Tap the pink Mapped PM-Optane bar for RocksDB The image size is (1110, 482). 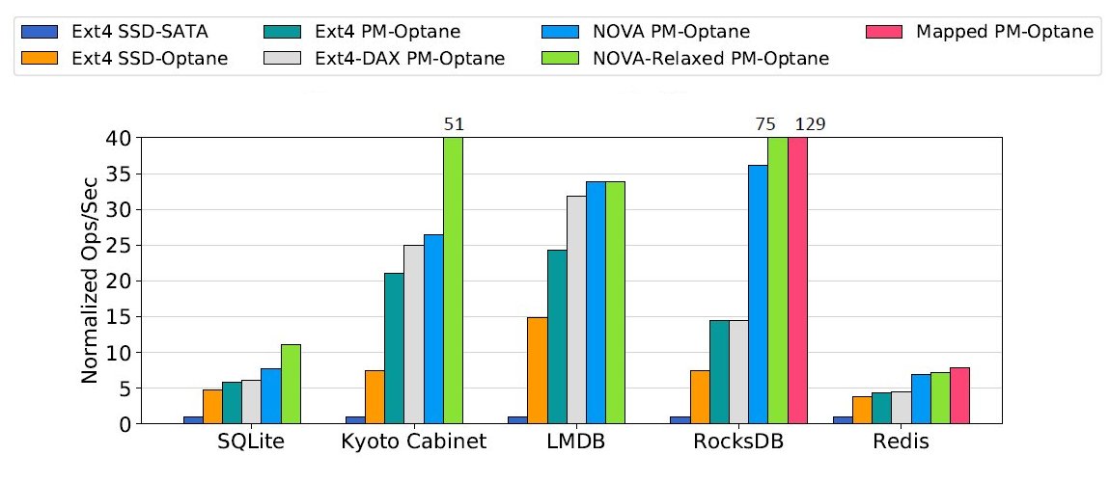click(x=797, y=280)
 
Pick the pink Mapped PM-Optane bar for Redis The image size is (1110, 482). click(x=959, y=395)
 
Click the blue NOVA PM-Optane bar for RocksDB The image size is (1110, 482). click(x=758, y=294)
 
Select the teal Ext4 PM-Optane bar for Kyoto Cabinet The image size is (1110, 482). click(x=394, y=348)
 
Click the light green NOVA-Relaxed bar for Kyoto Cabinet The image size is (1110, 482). click(x=454, y=280)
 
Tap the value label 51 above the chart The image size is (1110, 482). click(x=454, y=123)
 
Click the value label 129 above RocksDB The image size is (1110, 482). click(x=809, y=123)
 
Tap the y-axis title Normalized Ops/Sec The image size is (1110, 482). click(x=89, y=281)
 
